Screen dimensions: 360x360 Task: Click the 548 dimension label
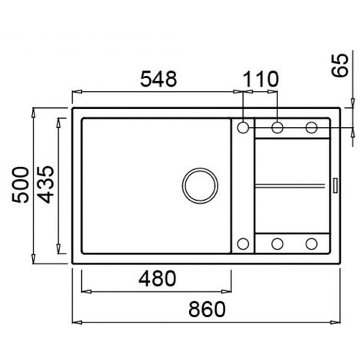coord(159,79)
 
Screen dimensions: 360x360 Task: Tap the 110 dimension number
coord(260,79)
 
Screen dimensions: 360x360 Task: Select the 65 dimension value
coord(340,65)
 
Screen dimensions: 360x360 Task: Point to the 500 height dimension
coord(21,185)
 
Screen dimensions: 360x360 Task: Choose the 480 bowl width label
coord(157,278)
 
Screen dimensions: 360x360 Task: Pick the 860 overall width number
coord(207,309)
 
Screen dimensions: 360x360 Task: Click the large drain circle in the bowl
coord(200,185)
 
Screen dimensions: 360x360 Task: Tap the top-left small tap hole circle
coord(243,127)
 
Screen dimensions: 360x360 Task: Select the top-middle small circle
coord(277,127)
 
